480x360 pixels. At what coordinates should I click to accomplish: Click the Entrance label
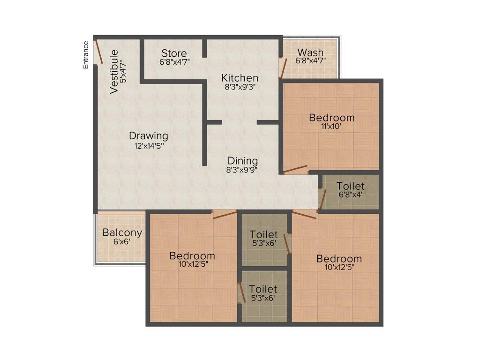pos(86,55)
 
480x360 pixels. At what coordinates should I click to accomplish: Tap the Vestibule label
pos(114,71)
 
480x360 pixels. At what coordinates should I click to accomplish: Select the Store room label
pos(174,53)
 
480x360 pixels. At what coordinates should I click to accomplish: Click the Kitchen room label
pos(240,78)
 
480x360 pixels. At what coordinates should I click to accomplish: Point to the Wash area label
pos(310,52)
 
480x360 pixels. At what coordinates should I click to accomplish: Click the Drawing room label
pos(148,136)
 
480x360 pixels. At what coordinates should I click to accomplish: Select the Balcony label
pos(122,232)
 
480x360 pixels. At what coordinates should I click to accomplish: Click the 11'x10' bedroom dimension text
pos(331,127)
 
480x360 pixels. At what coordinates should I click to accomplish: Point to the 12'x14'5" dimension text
pos(149,146)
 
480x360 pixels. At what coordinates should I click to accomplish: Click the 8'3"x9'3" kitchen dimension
pos(240,87)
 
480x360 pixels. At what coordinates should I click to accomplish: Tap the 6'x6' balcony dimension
pos(121,242)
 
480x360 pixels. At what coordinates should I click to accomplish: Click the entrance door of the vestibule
pos(98,52)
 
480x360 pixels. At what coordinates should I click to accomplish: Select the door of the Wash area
pos(283,67)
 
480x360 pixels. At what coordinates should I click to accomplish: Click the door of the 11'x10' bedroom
pos(296,169)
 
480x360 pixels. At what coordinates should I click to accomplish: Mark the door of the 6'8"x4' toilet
pos(322,198)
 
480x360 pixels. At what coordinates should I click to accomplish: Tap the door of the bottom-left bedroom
pos(225,215)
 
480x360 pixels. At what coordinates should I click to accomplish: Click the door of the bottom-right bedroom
pos(305,215)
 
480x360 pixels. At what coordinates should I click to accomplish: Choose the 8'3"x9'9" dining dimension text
pos(242,170)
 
